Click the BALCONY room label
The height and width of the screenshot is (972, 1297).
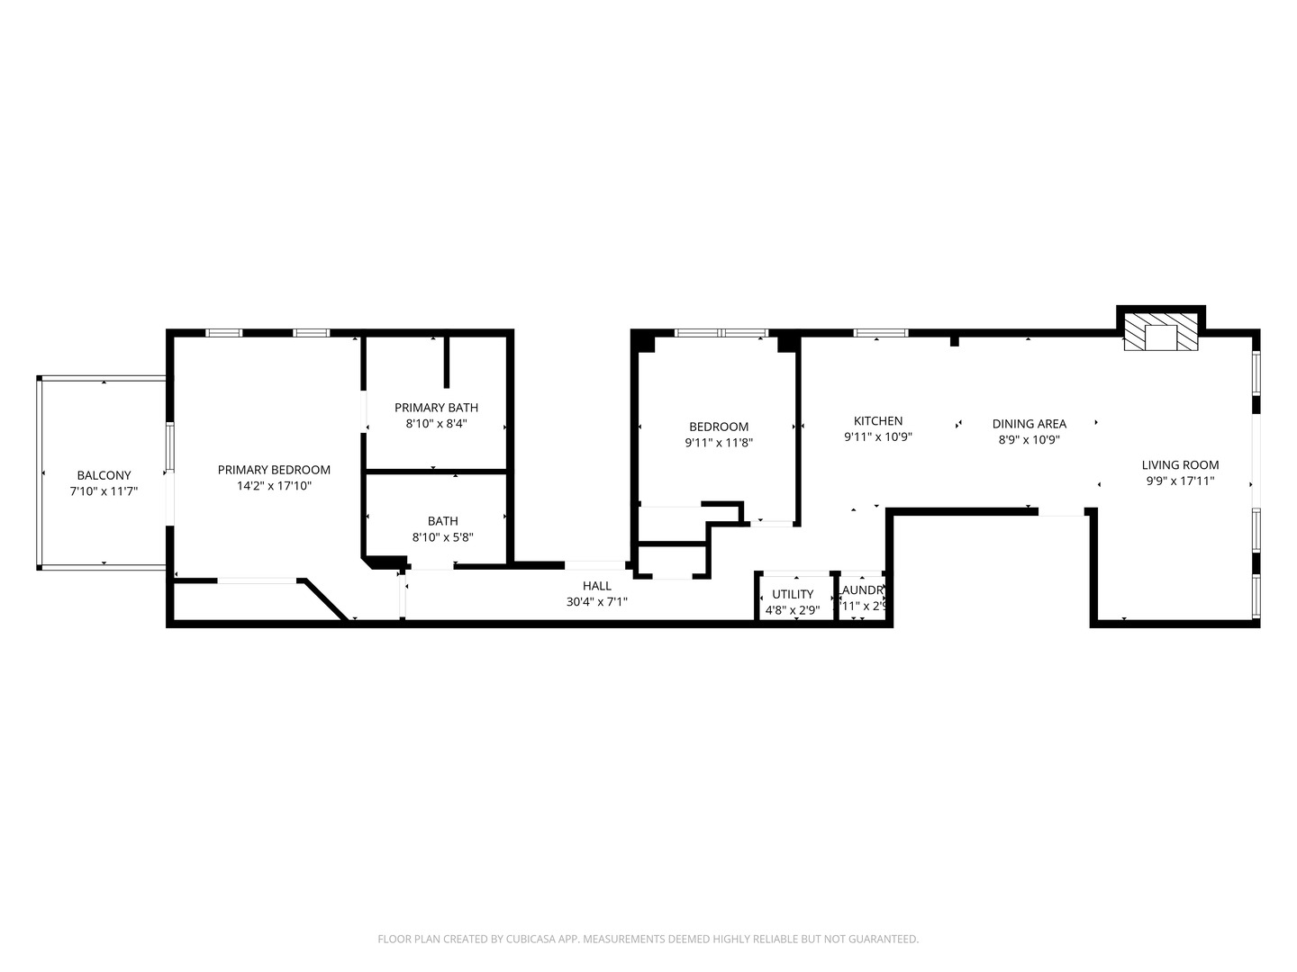tap(104, 475)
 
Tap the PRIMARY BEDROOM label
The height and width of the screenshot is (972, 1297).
tap(274, 470)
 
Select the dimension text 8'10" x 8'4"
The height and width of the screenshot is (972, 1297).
tap(436, 423)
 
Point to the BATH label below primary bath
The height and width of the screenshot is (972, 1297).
tap(443, 521)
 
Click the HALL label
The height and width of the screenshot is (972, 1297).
tap(596, 586)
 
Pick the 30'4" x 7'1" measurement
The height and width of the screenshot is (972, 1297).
tap(596, 602)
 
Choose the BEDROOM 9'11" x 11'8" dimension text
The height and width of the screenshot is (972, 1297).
tap(719, 443)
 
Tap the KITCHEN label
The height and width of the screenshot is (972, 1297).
tap(878, 420)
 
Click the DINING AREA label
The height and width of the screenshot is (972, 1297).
tap(1029, 424)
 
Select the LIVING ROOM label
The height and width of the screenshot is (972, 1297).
tap(1180, 465)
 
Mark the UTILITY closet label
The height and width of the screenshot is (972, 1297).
tap(793, 594)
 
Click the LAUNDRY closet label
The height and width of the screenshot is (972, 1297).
tap(862, 591)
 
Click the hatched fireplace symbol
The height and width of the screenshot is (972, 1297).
tap(1162, 332)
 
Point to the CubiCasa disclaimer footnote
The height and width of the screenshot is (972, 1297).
tap(648, 939)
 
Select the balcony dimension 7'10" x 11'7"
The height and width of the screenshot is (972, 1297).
tap(104, 491)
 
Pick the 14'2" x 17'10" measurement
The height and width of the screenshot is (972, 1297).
tap(274, 486)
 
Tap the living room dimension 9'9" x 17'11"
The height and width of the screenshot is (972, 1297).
tap(1180, 481)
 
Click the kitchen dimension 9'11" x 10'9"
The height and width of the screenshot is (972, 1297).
tap(878, 437)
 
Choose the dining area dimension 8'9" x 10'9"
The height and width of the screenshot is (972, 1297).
tap(1029, 440)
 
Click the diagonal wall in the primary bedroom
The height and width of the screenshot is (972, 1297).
tap(325, 599)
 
